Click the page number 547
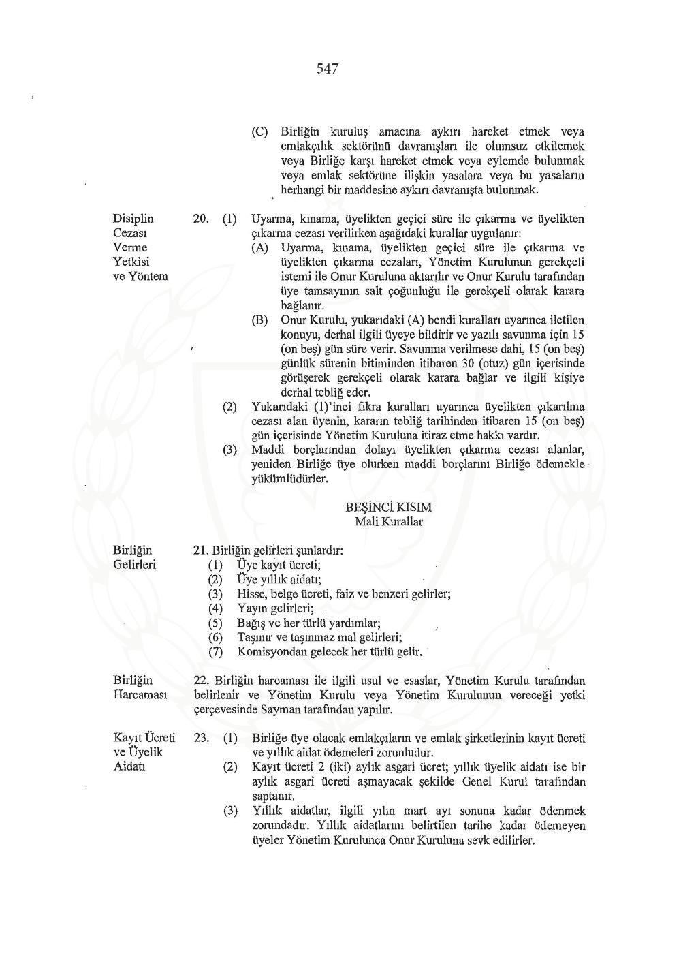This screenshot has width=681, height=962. (x=328, y=69)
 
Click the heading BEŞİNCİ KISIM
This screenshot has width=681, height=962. (x=388, y=508)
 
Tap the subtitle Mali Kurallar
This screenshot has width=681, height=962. (x=388, y=522)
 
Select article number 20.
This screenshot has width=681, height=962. (x=201, y=219)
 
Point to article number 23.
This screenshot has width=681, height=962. (x=201, y=738)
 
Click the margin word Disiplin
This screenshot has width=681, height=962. (x=133, y=219)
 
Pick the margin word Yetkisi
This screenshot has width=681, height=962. (x=131, y=262)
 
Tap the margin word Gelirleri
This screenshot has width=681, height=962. (x=134, y=564)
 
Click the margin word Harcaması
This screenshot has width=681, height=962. (x=140, y=694)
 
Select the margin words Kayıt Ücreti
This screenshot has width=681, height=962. (x=144, y=738)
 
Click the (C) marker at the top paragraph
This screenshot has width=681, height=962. (x=259, y=131)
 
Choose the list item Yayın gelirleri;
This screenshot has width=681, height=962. (x=275, y=608)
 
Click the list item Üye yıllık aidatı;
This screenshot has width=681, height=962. (x=279, y=579)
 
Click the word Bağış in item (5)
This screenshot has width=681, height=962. (x=251, y=623)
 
